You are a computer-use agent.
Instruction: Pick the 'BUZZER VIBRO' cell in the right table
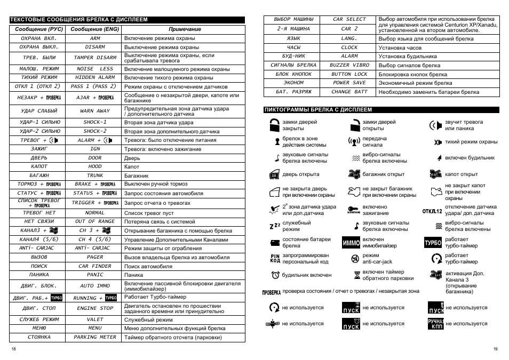pyautogui.click(x=349, y=65)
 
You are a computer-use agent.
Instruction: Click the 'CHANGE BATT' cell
pyautogui.click(x=349, y=92)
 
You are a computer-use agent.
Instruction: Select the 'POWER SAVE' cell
pyautogui.click(x=349, y=83)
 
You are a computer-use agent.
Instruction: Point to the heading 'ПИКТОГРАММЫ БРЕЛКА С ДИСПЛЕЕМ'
pyautogui.click(x=319, y=110)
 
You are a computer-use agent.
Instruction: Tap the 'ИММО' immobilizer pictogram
pyautogui.click(x=351, y=243)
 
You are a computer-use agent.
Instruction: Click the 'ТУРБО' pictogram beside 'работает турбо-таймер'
pyautogui.click(x=433, y=243)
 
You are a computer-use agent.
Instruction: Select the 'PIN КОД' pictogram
pyautogui.click(x=275, y=259)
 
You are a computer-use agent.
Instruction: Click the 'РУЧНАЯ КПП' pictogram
pyautogui.click(x=435, y=323)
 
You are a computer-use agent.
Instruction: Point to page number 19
pyautogui.click(x=495, y=349)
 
